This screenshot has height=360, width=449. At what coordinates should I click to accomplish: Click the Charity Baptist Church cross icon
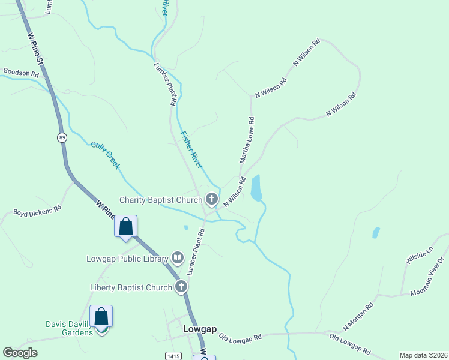point(211,199)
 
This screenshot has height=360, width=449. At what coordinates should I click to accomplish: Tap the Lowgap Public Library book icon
point(177,258)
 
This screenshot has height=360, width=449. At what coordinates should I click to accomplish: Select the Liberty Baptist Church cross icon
point(181,287)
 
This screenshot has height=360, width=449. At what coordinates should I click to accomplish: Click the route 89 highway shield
point(62,137)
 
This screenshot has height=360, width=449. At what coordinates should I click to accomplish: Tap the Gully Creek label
point(106,155)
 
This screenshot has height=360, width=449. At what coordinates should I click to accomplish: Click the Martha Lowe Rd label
point(247,140)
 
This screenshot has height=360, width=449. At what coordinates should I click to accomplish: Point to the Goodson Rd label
point(21,73)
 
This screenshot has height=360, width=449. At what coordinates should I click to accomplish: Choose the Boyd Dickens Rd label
point(38,211)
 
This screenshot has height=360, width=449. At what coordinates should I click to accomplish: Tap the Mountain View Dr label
point(427,277)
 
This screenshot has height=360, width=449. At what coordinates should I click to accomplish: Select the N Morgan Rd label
point(358,316)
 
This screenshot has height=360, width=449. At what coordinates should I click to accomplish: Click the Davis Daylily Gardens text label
point(69,328)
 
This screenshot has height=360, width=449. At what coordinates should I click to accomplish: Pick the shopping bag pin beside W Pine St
point(125,227)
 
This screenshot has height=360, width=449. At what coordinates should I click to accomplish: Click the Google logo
point(20,353)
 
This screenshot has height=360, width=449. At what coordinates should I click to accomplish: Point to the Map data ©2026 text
point(423,355)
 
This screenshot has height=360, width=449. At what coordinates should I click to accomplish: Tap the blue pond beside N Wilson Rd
point(256,188)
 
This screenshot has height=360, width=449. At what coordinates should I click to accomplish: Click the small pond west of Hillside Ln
point(376,233)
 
